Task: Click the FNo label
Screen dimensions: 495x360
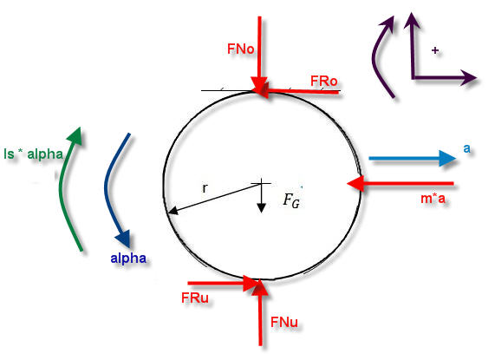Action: point(240,49)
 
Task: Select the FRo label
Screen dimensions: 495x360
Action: point(324,82)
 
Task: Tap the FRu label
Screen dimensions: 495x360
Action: point(195,298)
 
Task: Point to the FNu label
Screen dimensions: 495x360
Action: point(284,322)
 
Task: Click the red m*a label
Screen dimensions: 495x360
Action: point(433,199)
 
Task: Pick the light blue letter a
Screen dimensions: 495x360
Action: point(466,148)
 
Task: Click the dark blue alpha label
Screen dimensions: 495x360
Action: point(128,259)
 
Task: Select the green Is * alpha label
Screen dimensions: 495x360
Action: point(34,154)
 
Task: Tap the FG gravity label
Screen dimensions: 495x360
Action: point(291,200)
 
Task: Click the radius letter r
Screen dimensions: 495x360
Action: point(205,188)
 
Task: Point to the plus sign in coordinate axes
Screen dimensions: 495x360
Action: point(435,50)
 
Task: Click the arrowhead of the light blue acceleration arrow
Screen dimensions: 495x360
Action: point(447,158)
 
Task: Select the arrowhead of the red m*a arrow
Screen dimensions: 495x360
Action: point(355,184)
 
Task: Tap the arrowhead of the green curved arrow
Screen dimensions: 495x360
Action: point(75,136)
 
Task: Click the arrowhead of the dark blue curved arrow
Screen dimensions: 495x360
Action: point(123,239)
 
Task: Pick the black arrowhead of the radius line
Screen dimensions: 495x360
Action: point(173,211)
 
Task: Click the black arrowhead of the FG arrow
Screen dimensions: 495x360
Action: point(261,208)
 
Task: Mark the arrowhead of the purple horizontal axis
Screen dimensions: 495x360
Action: point(468,77)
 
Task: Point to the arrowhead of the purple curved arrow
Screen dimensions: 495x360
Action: point(387,23)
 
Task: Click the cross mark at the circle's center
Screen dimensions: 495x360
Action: point(261,183)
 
